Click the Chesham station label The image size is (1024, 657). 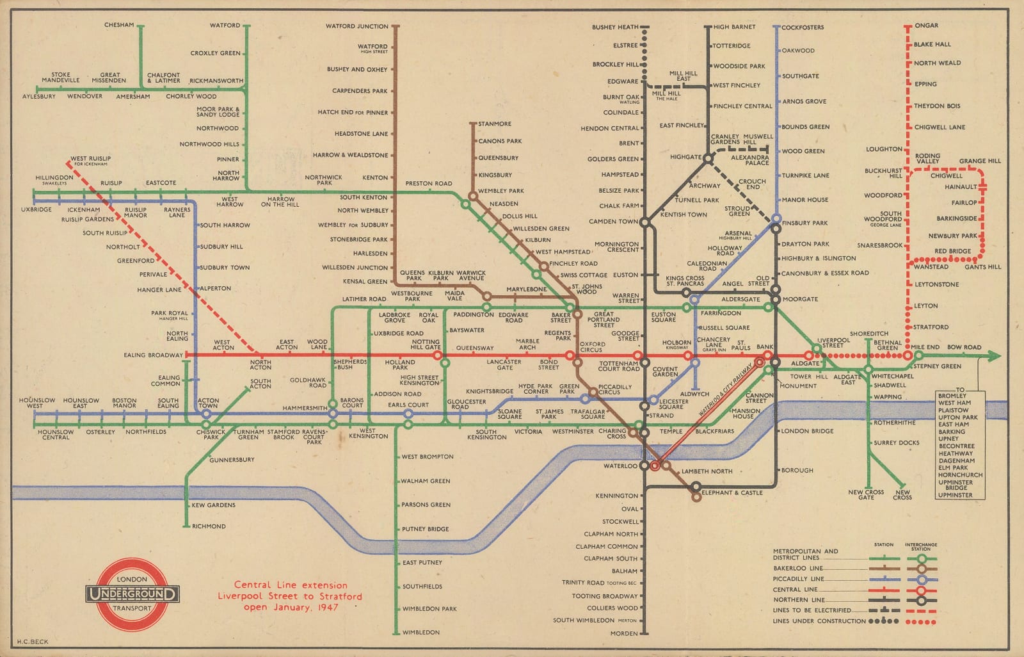[x=119, y=25]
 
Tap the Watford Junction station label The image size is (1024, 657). [x=357, y=26]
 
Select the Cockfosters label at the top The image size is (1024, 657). [x=803, y=28]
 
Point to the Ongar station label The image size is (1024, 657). [x=926, y=26]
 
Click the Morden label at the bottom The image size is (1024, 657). [x=624, y=633]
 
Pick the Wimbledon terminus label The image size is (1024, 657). [x=420, y=633]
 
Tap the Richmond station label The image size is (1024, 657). [x=209, y=526]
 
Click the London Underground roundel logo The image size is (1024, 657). [x=133, y=593]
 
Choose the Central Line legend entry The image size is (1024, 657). [x=795, y=589]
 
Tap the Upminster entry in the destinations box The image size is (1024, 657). [x=955, y=495]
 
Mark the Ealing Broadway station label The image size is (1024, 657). [x=154, y=355]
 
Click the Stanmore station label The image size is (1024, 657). [x=495, y=124]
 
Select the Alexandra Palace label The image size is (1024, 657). [x=749, y=159]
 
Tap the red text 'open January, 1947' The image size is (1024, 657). [x=291, y=607]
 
